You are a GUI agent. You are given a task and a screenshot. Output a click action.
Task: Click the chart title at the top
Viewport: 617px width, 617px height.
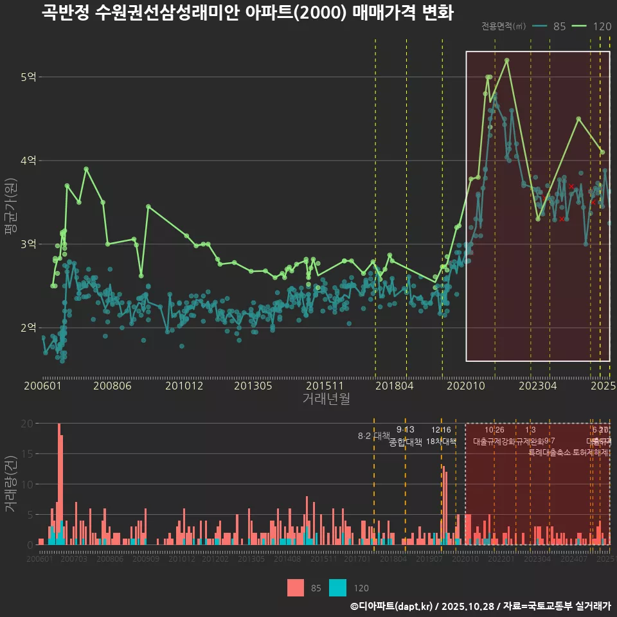tap(247, 13)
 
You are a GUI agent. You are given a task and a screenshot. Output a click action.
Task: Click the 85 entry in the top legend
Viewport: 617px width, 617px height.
tap(559, 26)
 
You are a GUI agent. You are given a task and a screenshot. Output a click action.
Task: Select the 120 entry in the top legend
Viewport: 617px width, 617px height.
tap(602, 26)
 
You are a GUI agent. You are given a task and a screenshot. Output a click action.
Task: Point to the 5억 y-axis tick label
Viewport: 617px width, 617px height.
tap(28, 77)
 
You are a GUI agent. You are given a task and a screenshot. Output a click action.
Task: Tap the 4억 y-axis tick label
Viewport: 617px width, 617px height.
tap(28, 161)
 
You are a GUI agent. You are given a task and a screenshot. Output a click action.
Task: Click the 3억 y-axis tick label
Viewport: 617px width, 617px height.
tap(28, 244)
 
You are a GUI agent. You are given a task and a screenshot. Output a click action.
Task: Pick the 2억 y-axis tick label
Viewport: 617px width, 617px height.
tap(28, 328)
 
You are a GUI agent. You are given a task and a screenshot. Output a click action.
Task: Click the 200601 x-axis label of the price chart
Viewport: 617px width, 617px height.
tap(42, 386)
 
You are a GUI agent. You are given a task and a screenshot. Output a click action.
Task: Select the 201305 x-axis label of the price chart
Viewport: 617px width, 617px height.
tap(253, 386)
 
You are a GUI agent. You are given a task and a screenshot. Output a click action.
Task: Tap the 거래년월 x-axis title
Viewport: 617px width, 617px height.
tap(326, 399)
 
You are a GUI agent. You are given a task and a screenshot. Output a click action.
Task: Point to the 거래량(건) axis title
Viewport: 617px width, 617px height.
tap(11, 484)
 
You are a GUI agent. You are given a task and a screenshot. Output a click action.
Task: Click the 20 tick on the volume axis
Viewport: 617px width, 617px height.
tap(27, 424)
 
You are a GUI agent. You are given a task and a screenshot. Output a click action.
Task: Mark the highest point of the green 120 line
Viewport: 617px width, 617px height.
tap(507, 60)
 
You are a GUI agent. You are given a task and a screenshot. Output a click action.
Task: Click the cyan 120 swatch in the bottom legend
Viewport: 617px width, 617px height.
tap(337, 587)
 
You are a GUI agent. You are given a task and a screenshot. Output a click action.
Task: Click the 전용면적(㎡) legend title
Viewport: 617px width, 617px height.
tap(503, 26)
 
